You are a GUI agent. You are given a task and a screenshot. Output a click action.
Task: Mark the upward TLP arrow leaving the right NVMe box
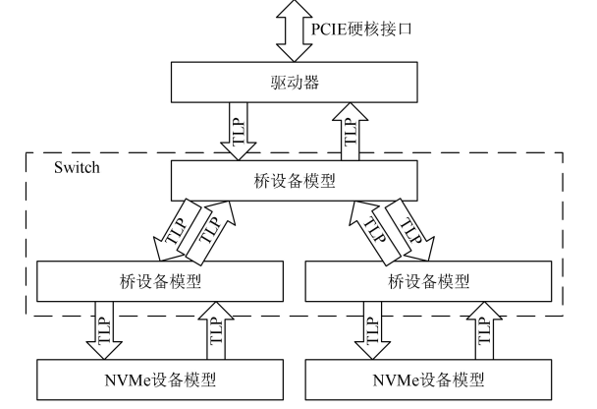point(486,330)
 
